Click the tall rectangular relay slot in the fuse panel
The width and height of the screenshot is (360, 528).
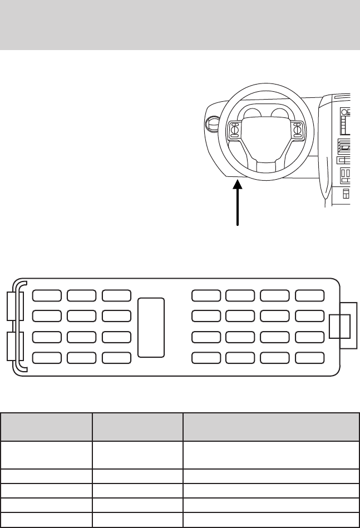(151, 327)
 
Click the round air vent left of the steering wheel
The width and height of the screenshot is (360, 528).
(212, 123)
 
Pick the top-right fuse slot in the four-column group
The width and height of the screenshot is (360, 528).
(309, 296)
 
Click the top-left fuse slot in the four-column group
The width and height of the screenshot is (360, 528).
(205, 296)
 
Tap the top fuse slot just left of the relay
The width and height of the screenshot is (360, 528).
(116, 296)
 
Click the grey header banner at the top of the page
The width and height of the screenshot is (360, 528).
(180, 24)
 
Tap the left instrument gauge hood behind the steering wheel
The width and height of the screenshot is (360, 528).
(251, 114)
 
